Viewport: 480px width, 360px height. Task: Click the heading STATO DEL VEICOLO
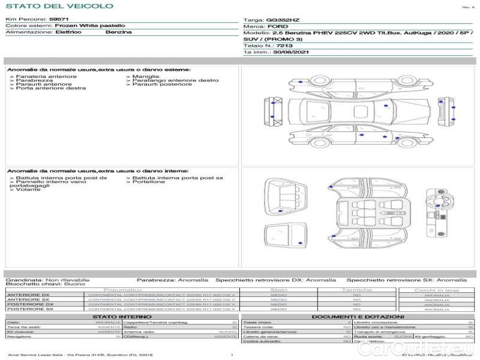(59, 6)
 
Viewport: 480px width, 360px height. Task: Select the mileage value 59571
(59, 19)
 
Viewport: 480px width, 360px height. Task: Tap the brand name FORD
(278, 27)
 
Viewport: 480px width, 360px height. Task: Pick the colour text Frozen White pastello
(90, 26)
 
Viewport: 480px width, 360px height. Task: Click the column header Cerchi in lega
(436, 290)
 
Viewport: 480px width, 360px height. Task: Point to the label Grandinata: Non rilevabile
(47, 280)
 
